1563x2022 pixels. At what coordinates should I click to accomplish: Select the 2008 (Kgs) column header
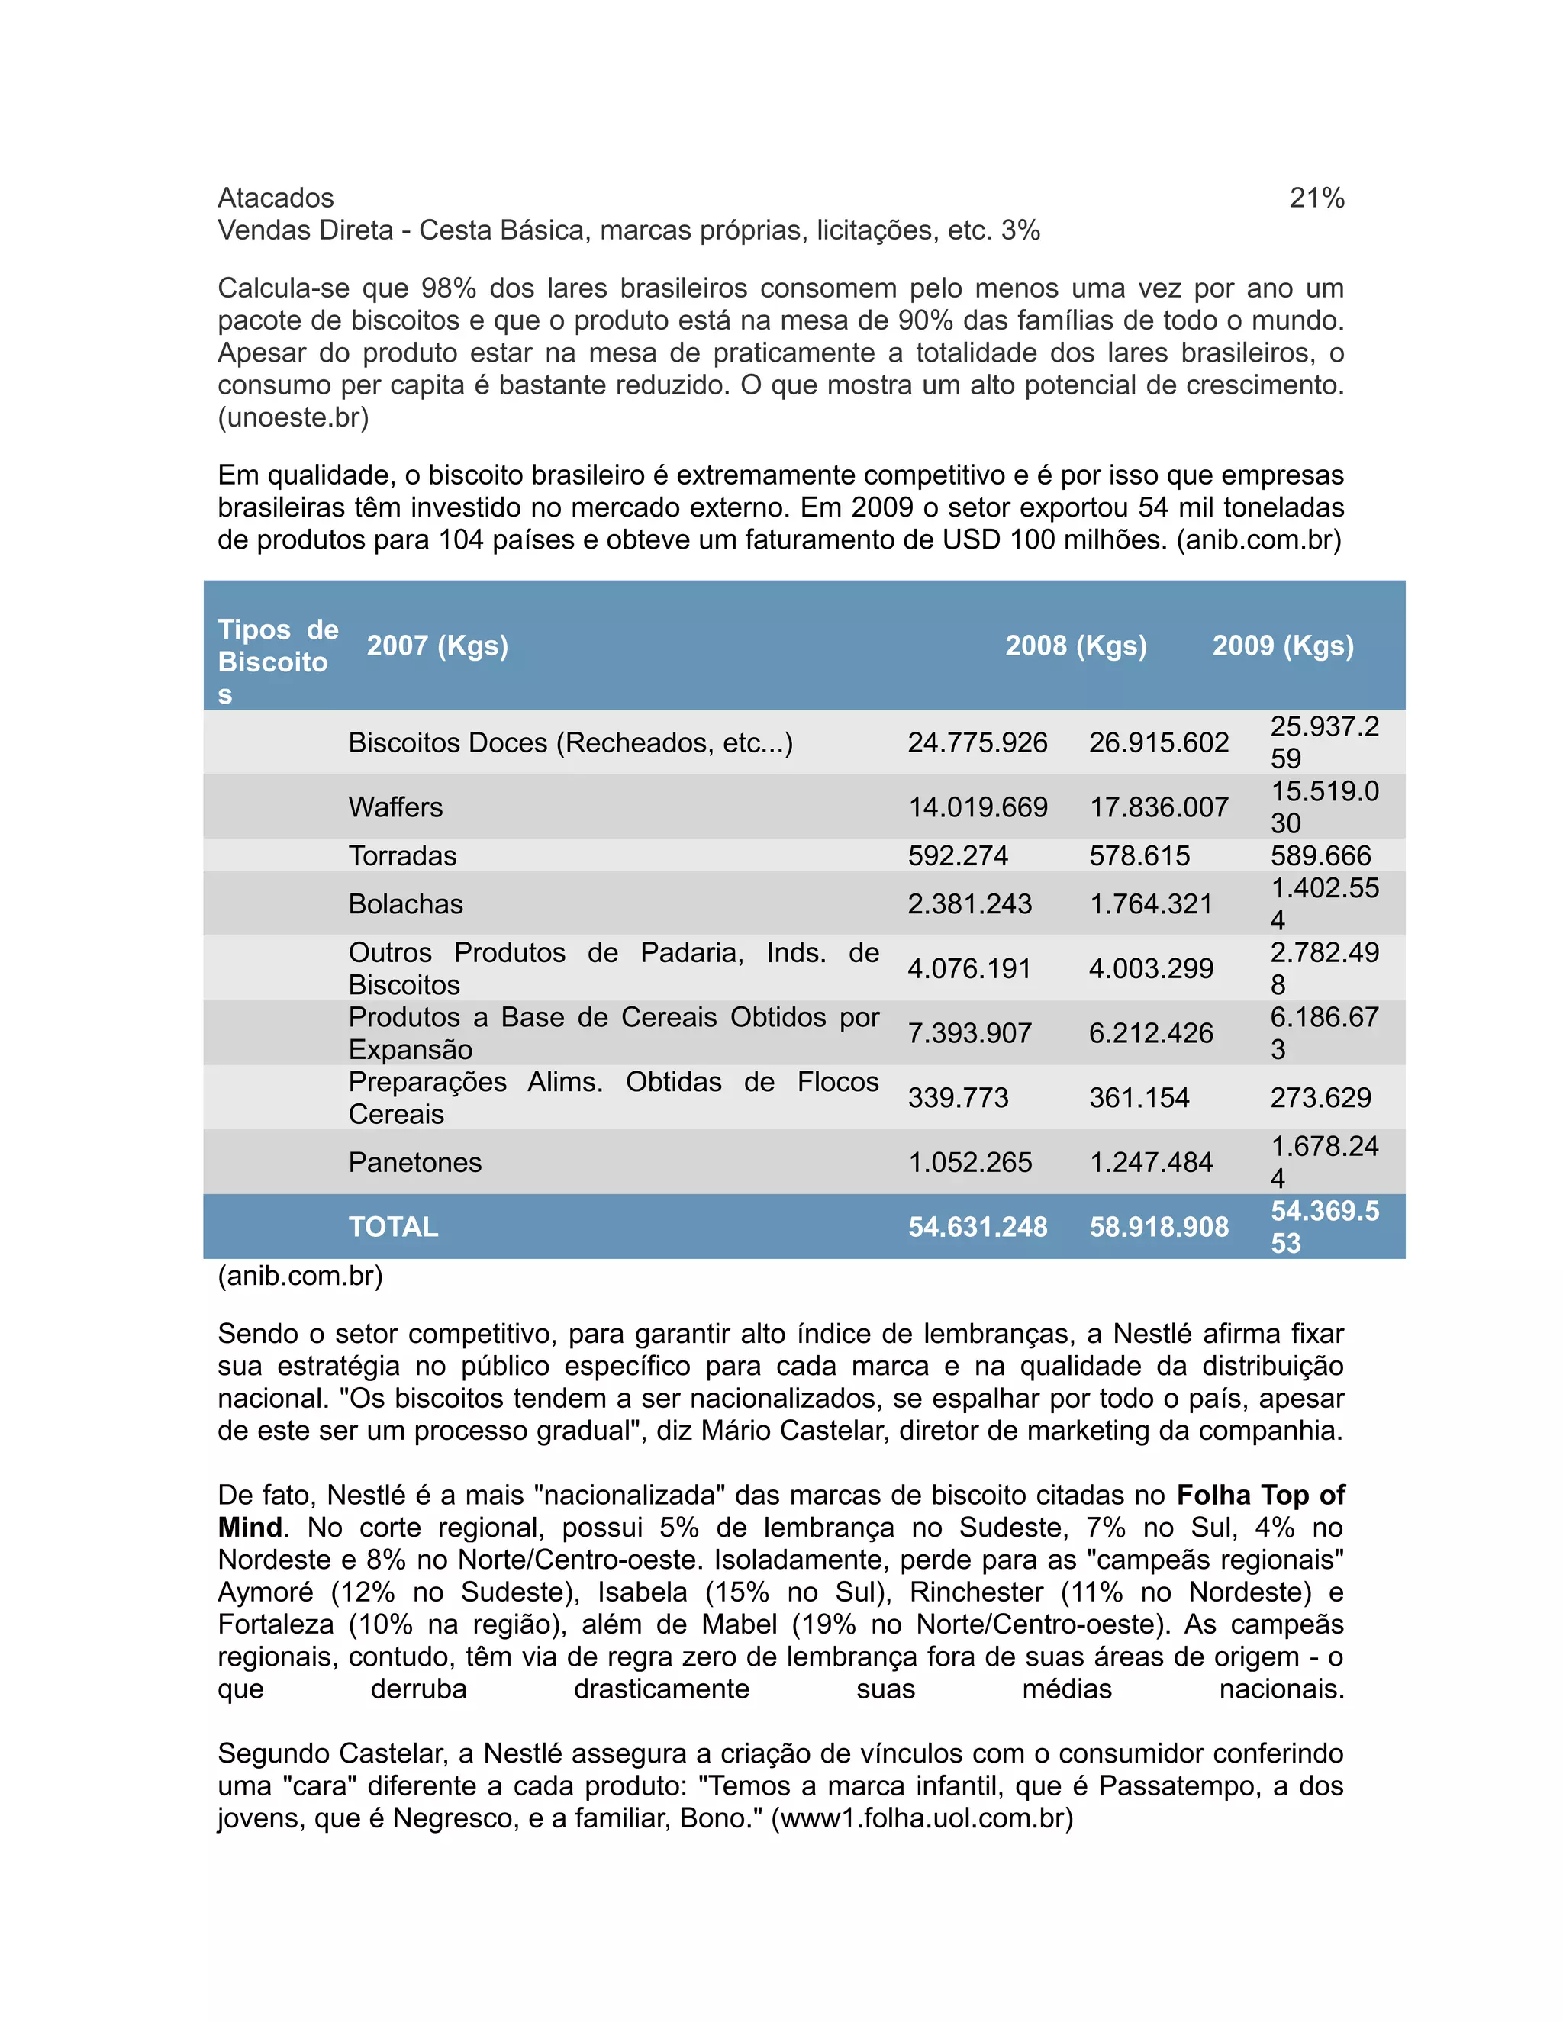pos(1075,646)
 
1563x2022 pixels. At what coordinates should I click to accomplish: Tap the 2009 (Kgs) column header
pos(1282,646)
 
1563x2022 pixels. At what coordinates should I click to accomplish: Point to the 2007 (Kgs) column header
pos(437,646)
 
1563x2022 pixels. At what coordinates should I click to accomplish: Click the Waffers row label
pos(395,807)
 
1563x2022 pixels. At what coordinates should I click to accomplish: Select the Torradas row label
pos(402,855)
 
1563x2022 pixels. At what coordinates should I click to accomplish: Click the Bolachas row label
pos(405,903)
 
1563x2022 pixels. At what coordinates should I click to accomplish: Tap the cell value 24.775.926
pos(977,742)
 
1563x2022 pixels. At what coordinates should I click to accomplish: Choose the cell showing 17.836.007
pos(1159,807)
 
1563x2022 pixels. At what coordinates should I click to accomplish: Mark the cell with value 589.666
pos(1320,855)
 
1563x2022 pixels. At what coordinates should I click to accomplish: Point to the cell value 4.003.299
pos(1150,968)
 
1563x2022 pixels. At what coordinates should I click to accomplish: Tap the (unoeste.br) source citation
pos(292,417)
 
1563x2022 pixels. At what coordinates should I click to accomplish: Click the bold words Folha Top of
pos(1260,1496)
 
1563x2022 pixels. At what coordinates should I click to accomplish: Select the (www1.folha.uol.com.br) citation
pos(922,1818)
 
